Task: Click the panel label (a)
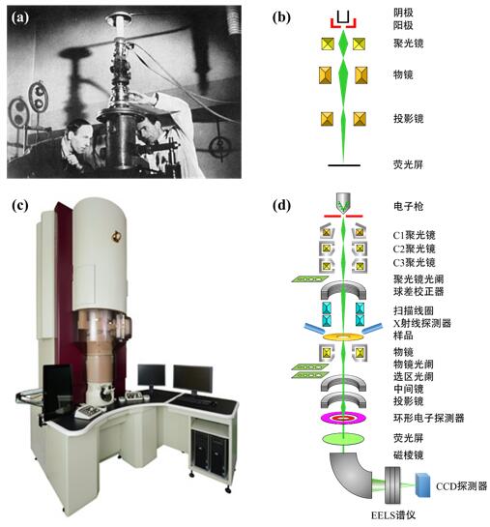coord(20,17)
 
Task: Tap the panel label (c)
coord(20,205)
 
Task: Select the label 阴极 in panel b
coord(403,14)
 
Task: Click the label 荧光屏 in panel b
coord(408,164)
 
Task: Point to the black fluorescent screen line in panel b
coord(344,165)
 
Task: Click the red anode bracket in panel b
coord(343,23)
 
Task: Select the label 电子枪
coord(408,206)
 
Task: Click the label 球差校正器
coord(418,291)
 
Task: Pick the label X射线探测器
coord(422,323)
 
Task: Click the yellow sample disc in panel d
coord(343,337)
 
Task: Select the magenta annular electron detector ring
coord(343,418)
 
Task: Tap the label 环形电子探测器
coord(428,418)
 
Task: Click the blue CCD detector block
coord(423,484)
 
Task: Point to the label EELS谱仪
coord(393,515)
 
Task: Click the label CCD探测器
coord(461,486)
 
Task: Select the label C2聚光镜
coord(414,249)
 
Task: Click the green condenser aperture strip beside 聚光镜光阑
coord(309,278)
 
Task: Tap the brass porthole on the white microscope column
coord(117,236)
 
